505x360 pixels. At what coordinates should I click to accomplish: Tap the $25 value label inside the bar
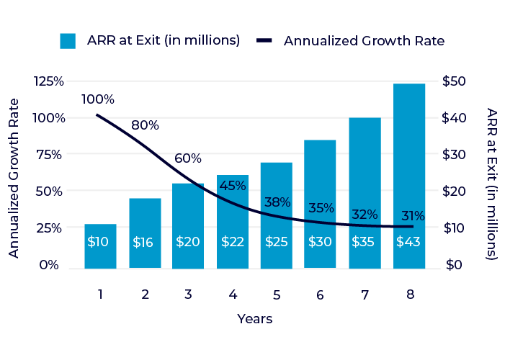[x=276, y=242]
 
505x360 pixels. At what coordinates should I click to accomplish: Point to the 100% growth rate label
[x=98, y=99]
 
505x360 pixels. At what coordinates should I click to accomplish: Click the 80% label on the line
[x=145, y=125]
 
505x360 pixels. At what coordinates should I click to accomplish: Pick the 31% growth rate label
[x=413, y=215]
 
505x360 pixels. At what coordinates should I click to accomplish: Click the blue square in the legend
[x=68, y=41]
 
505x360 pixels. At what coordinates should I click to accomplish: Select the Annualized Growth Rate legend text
[x=364, y=41]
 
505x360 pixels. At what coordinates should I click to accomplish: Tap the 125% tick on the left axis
[x=49, y=81]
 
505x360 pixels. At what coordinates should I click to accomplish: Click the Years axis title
[x=255, y=318]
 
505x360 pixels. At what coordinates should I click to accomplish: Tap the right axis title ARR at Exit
[x=491, y=184]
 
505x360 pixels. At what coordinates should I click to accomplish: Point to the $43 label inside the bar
[x=409, y=242]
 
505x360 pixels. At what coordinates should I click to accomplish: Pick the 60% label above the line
[x=189, y=158]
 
